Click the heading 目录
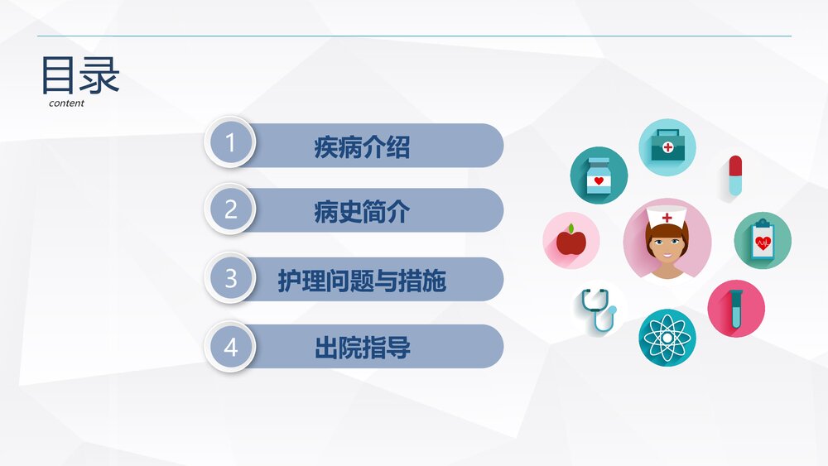(x=80, y=76)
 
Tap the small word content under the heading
(x=66, y=103)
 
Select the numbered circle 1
(x=230, y=143)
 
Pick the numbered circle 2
(x=230, y=209)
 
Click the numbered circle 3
(x=230, y=278)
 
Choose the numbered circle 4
(x=230, y=347)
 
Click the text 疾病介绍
(x=362, y=147)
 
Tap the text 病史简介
(x=362, y=212)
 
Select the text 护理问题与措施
(x=362, y=281)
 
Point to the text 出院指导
(x=362, y=348)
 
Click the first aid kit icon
(x=667, y=147)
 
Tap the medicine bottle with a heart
(x=598, y=175)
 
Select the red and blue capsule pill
(x=735, y=175)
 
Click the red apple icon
(x=570, y=241)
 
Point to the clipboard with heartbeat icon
(x=763, y=241)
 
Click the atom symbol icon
(x=667, y=337)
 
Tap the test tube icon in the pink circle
(x=735, y=308)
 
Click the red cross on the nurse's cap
(x=667, y=217)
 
